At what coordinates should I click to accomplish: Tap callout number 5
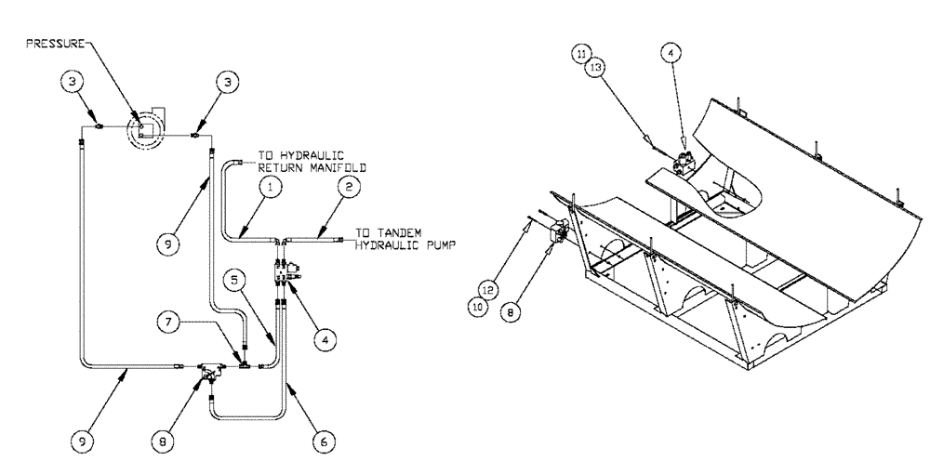coord(235,276)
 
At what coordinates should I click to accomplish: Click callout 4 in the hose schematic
coord(322,341)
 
